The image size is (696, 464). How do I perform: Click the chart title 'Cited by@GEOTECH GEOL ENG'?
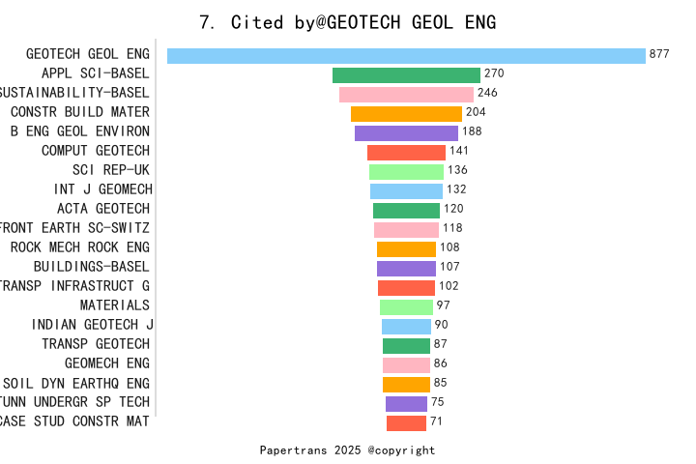(347, 22)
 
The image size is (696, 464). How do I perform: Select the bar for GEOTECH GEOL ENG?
(406, 55)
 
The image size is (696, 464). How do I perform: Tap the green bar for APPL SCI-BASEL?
(406, 74)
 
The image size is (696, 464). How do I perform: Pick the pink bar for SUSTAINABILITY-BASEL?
(406, 94)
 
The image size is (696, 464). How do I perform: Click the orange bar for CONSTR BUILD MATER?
(406, 113)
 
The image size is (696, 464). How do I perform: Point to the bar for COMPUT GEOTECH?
(406, 152)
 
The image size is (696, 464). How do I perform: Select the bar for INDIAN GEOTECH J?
(406, 326)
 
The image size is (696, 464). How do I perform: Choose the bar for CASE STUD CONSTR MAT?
(406, 422)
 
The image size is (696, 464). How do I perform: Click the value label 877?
(659, 54)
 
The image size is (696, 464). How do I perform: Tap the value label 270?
(494, 73)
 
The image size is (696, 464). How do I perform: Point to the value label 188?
(472, 131)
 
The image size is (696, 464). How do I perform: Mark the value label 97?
(444, 305)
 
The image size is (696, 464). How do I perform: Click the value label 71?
(437, 421)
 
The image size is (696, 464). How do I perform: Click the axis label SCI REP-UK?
(111, 170)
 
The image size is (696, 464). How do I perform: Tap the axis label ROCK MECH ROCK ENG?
(80, 247)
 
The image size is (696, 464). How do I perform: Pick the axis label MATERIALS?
(115, 305)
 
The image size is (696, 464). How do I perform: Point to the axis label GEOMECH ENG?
(107, 363)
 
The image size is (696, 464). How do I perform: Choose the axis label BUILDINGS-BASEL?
(92, 267)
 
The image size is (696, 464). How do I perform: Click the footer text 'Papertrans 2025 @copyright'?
(347, 450)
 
